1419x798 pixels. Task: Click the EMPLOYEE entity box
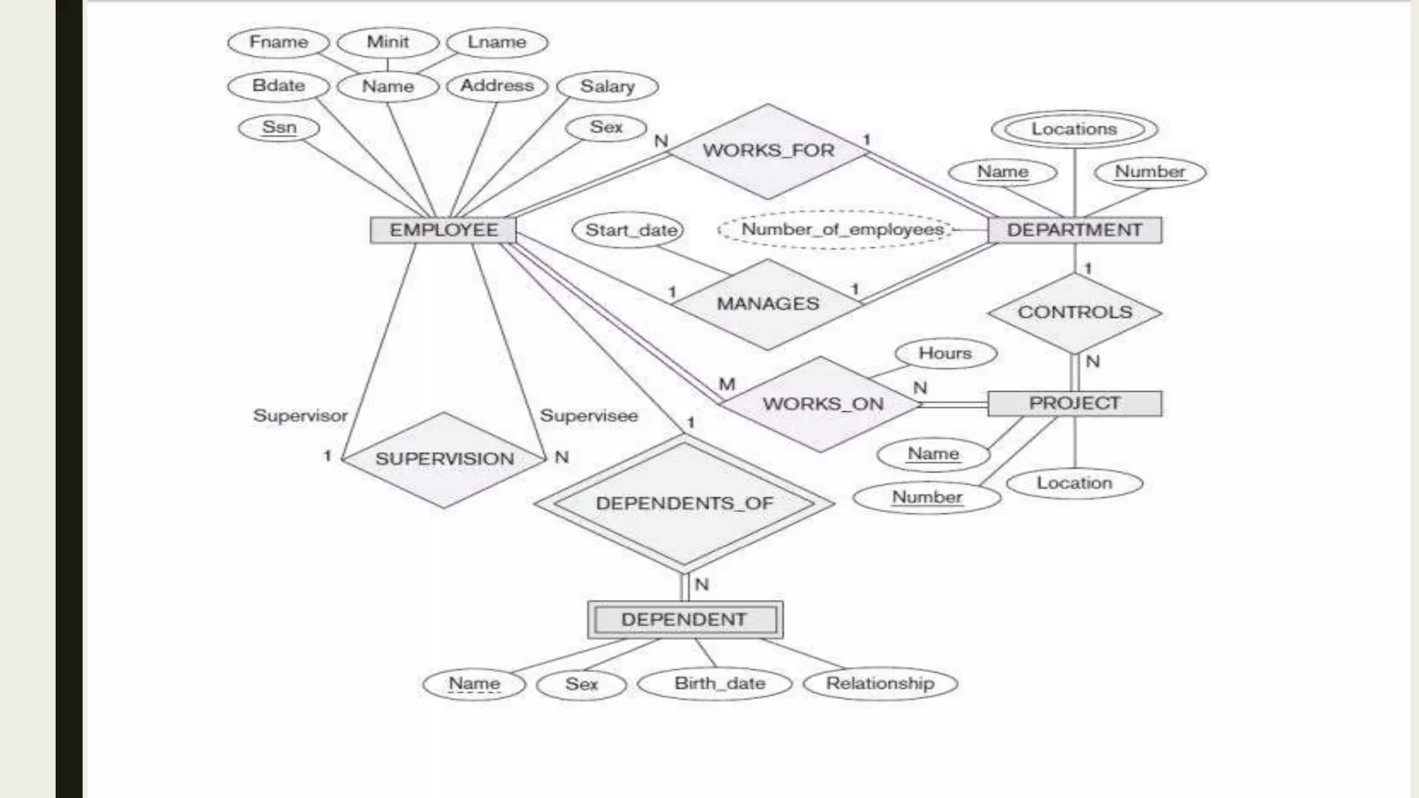(x=443, y=230)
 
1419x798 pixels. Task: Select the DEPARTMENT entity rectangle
(x=1075, y=230)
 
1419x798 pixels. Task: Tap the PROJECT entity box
(x=1075, y=403)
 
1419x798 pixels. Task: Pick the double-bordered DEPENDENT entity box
(x=685, y=619)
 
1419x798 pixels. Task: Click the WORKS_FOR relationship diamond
(x=768, y=150)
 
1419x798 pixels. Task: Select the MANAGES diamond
(x=768, y=303)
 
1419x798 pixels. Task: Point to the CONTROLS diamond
(x=1075, y=312)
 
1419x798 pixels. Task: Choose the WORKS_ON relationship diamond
(x=822, y=404)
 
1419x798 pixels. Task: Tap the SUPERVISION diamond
(x=444, y=459)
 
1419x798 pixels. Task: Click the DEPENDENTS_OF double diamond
(x=685, y=504)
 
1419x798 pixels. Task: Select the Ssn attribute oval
(x=279, y=128)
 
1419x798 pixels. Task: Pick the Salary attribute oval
(x=607, y=87)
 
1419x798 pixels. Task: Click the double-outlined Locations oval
(x=1074, y=130)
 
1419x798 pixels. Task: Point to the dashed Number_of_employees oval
(x=842, y=229)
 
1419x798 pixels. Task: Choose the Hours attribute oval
(x=945, y=353)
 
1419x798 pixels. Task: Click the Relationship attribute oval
(x=880, y=684)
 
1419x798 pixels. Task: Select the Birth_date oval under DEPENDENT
(x=719, y=684)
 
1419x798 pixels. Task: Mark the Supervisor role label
(x=300, y=416)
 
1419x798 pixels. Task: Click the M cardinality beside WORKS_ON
(x=727, y=384)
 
